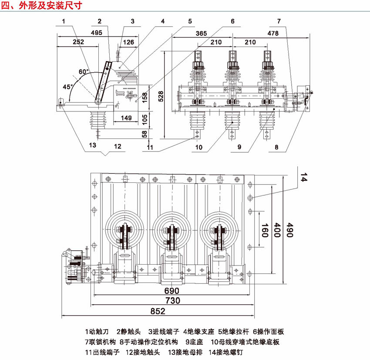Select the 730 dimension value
click(x=173, y=300)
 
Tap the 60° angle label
click(x=83, y=71)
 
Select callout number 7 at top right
click(x=279, y=21)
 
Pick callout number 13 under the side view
click(x=92, y=145)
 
